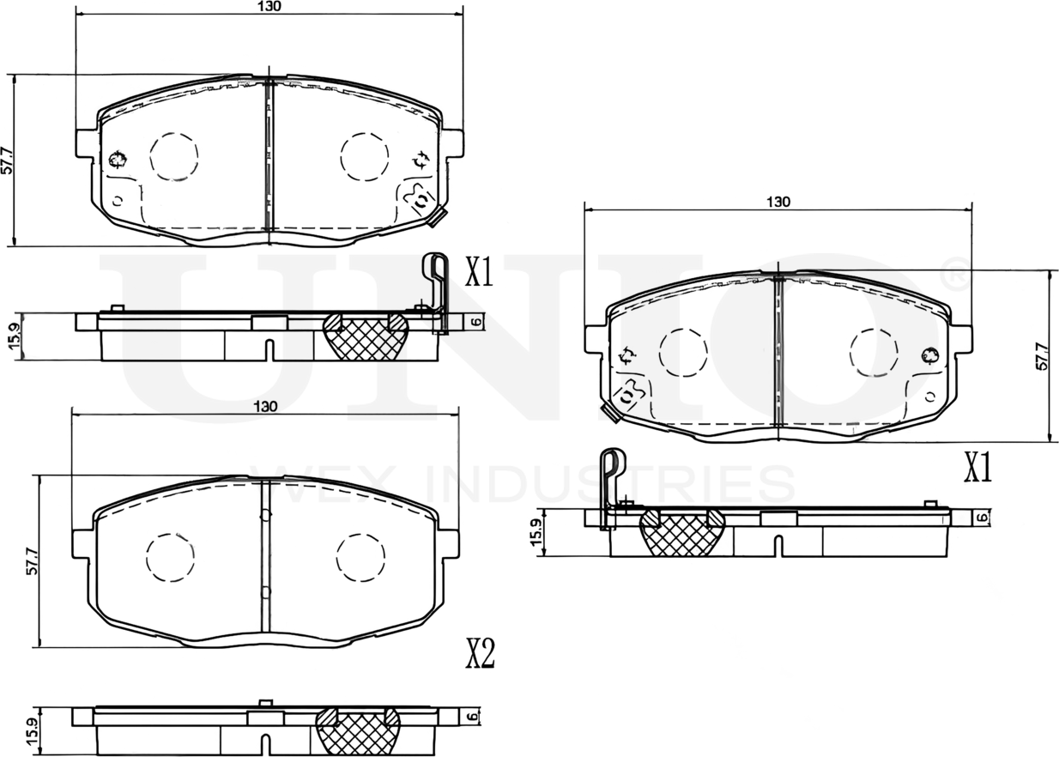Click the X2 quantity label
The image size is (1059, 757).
(x=480, y=655)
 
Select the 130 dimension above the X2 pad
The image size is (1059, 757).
(x=265, y=406)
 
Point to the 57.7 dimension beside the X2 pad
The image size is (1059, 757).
(x=32, y=560)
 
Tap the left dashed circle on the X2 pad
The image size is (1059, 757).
(x=170, y=557)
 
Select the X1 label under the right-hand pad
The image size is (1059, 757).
(x=977, y=469)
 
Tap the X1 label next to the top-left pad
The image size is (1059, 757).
(x=478, y=273)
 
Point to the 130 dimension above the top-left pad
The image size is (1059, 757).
(x=269, y=6)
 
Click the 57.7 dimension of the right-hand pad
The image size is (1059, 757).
(x=1043, y=356)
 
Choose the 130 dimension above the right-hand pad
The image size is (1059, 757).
(x=778, y=203)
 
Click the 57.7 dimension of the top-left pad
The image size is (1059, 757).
(x=7, y=160)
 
